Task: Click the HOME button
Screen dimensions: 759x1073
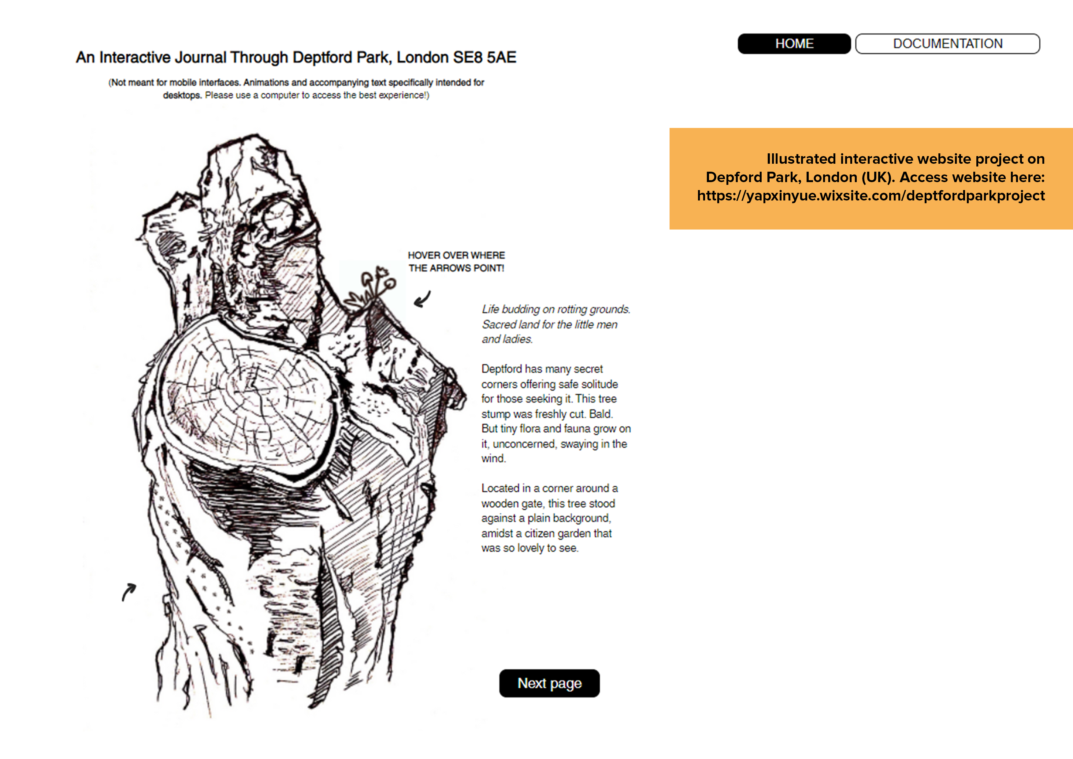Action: pos(794,43)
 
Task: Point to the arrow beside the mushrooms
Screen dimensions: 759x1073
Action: pos(422,299)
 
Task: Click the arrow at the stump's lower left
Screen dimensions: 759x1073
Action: pos(128,592)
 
